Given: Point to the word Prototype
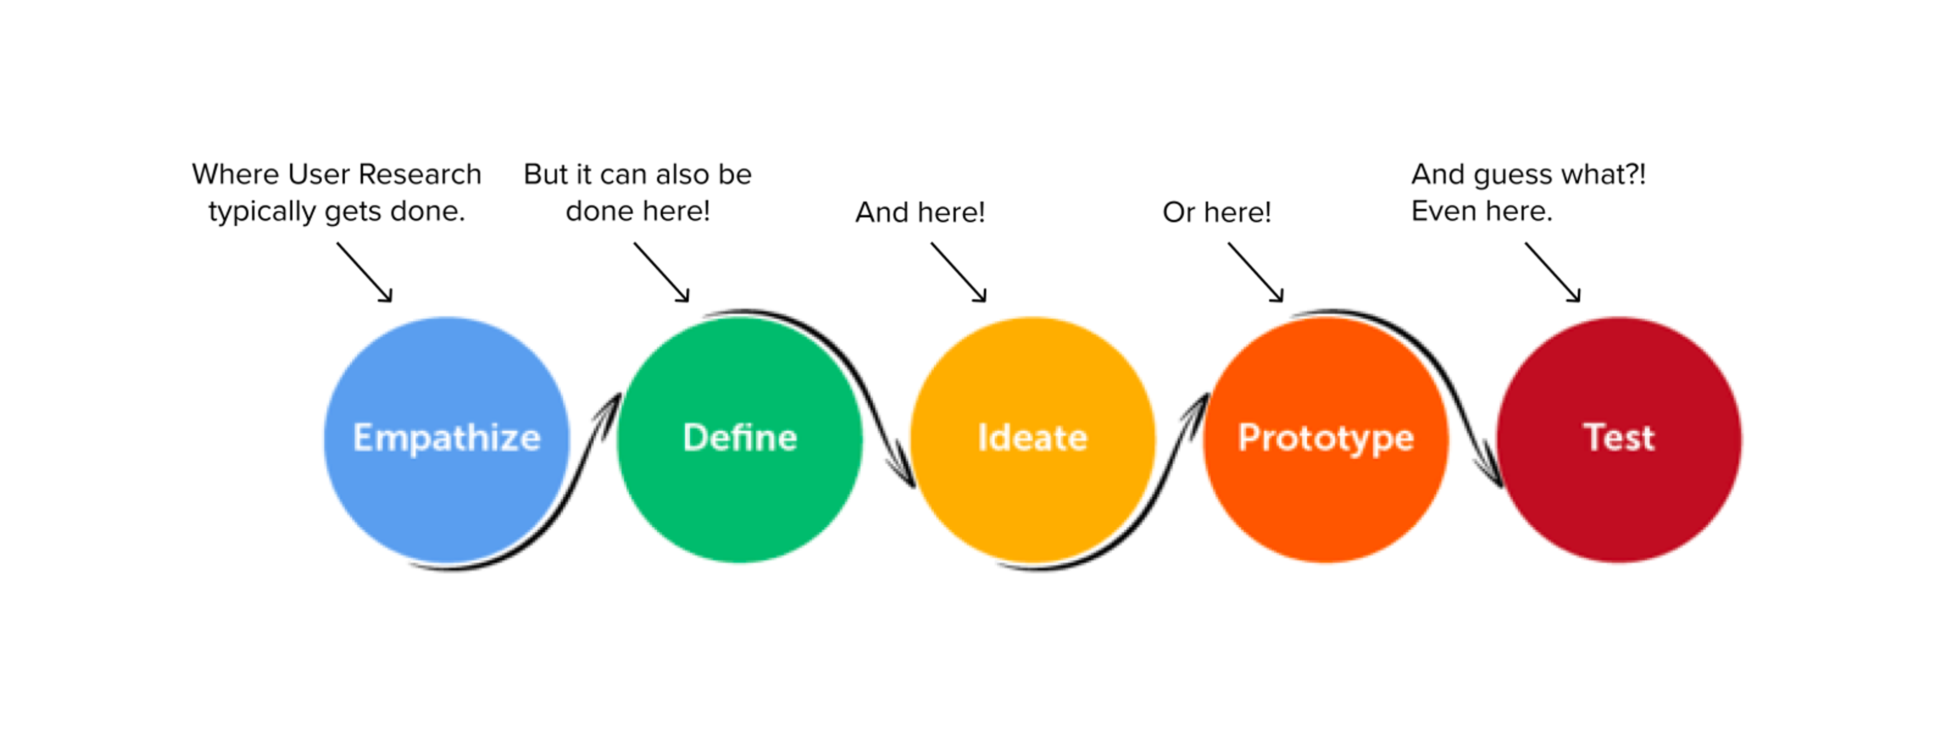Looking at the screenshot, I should point(1326,438).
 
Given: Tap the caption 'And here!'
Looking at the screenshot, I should point(920,213).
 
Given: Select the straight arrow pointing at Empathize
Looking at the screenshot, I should point(364,272).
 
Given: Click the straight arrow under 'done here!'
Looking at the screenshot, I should point(661,272).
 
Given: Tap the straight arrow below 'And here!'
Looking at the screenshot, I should point(958,272).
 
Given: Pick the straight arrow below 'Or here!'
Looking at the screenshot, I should point(1255,272).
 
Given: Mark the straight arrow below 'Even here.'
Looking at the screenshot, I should point(1553,272).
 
